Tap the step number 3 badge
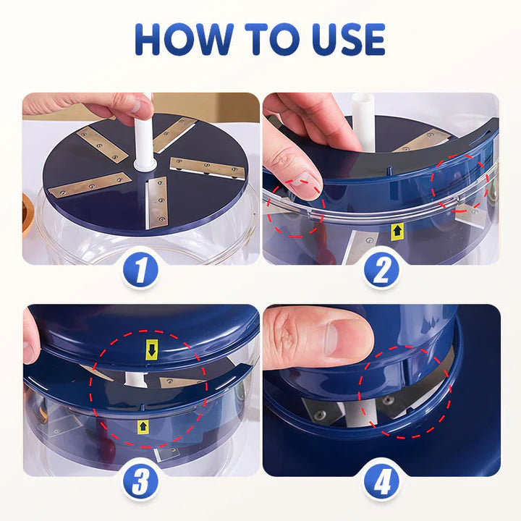[x=140, y=483]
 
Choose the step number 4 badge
[x=381, y=483]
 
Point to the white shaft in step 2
[x=363, y=119]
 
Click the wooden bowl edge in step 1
[x=27, y=215]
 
